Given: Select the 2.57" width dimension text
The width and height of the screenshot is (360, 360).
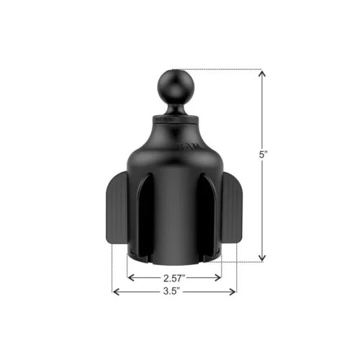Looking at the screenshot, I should [x=174, y=277].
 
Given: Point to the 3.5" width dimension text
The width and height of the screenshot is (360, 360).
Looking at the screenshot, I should [x=174, y=292].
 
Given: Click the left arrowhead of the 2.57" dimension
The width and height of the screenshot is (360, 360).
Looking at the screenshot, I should [x=130, y=276].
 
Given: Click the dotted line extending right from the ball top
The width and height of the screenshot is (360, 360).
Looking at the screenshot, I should [x=223, y=69].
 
